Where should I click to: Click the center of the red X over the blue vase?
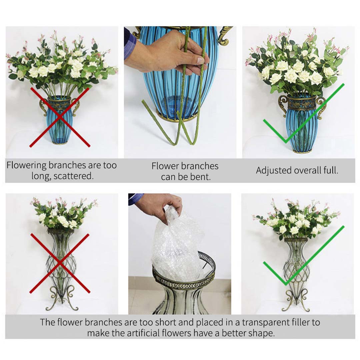click(60, 117)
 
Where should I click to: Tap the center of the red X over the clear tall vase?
click(60, 263)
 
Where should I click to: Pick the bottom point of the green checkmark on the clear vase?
click(286, 284)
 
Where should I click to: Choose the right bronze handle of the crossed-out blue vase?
click(76, 107)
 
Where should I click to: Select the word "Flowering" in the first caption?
click(26, 165)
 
